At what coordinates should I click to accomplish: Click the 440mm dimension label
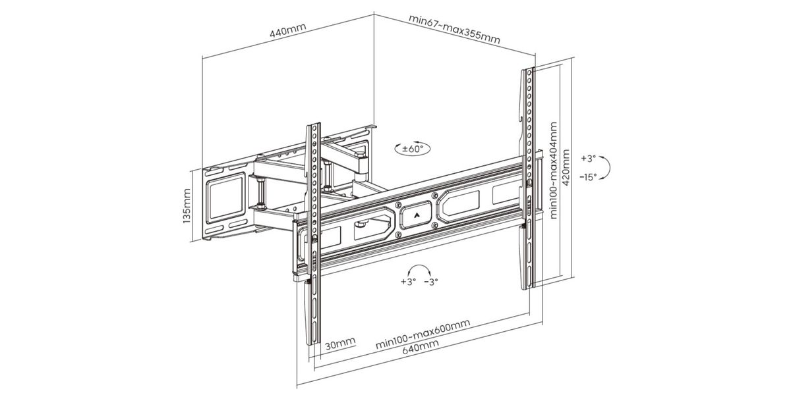click(x=287, y=34)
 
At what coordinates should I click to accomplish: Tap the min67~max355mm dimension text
click(x=454, y=29)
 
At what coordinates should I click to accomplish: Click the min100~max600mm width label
click(x=423, y=335)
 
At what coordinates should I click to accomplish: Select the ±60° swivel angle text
click(x=412, y=149)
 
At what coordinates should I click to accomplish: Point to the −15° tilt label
click(x=589, y=176)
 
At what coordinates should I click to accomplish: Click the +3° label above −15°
click(x=589, y=159)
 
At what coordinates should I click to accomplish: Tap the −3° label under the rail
click(x=431, y=281)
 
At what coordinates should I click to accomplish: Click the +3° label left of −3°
click(x=408, y=281)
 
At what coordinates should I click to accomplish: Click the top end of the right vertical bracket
click(x=529, y=70)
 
